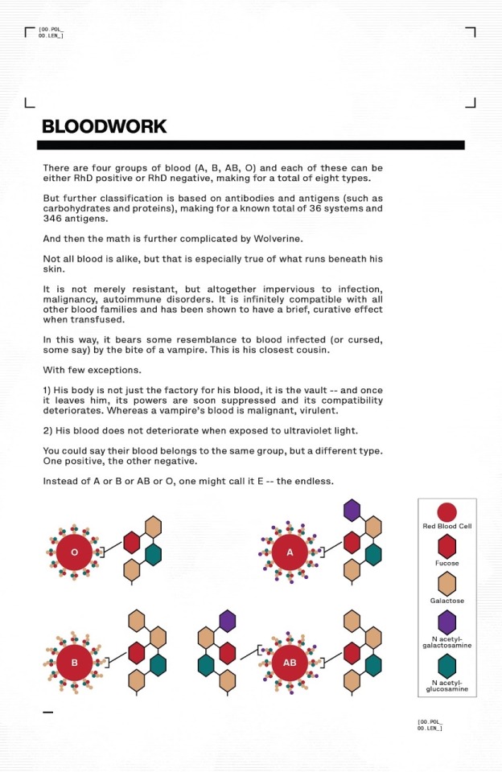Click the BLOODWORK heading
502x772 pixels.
coord(104,127)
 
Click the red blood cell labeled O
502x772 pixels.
coord(74,552)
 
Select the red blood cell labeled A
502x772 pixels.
coord(290,552)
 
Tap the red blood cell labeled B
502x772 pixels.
coord(74,663)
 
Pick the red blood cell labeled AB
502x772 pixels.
coord(290,663)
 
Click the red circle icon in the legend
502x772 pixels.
coord(446,512)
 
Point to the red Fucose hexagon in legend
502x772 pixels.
coord(446,548)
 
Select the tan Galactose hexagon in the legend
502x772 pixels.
coord(446,585)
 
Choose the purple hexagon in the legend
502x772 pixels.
coord(446,622)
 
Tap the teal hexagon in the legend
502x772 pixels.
coord(446,665)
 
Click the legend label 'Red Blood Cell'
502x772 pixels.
coord(446,527)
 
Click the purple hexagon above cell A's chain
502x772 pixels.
coord(352,511)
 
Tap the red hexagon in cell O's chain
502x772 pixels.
coord(132,542)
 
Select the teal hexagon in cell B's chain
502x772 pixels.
coord(158,664)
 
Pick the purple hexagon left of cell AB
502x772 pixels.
coord(227,620)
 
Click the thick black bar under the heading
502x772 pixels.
coord(250,146)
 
